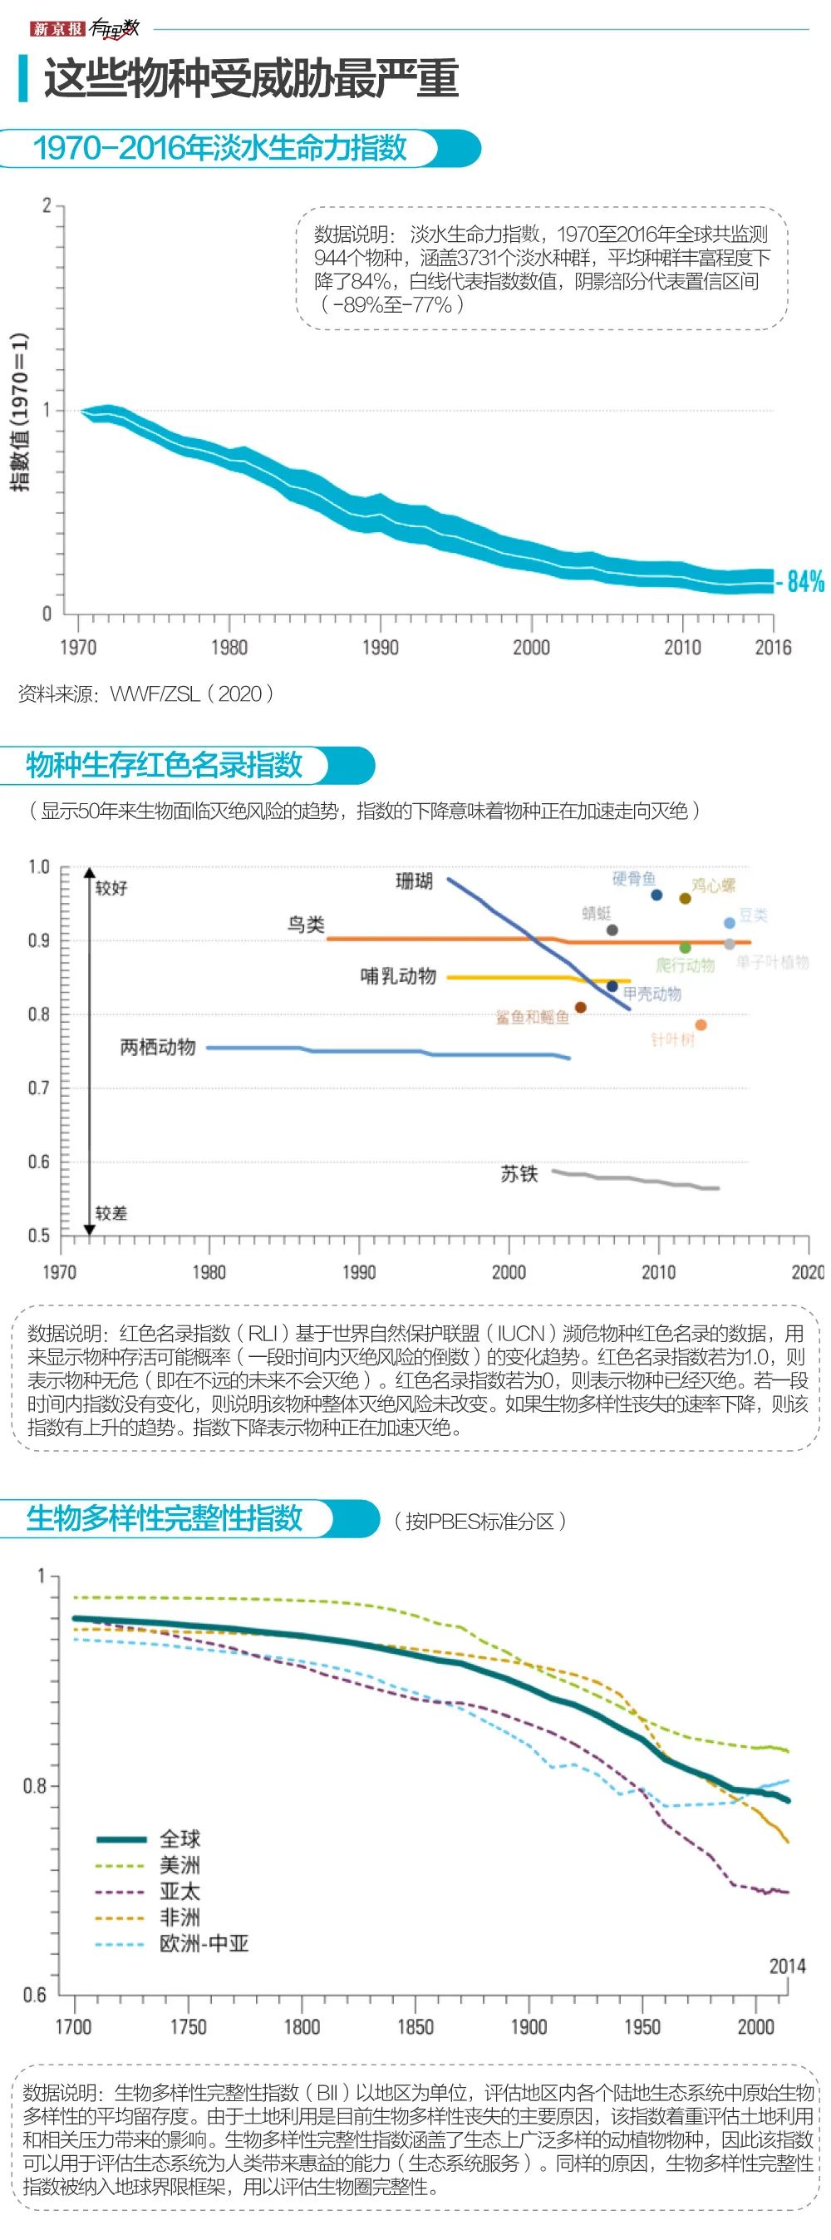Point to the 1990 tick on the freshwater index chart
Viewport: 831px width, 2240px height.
(380, 646)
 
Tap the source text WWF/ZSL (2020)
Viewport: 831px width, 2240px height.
(191, 693)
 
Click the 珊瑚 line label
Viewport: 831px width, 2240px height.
(414, 881)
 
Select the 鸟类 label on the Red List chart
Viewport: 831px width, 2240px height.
(306, 925)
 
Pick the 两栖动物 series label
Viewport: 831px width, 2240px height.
(157, 1046)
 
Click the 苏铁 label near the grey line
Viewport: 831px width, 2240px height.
(519, 1173)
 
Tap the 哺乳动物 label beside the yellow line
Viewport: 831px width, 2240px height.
(398, 975)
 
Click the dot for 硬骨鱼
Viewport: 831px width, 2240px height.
(656, 895)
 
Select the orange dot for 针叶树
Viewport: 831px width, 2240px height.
(701, 1024)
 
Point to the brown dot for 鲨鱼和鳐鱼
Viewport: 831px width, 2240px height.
(581, 1007)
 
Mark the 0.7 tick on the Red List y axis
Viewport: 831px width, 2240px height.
(39, 1087)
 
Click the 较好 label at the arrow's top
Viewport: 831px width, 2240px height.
(111, 887)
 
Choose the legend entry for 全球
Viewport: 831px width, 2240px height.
(179, 1838)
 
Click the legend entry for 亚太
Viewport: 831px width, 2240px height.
(179, 1891)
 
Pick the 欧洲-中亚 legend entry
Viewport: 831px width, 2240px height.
(204, 1942)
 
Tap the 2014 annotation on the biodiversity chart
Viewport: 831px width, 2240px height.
(787, 1966)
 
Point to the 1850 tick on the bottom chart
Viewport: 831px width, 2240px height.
(415, 2026)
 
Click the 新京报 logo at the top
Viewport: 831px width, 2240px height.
(57, 29)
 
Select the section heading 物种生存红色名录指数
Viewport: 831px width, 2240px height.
(165, 764)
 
